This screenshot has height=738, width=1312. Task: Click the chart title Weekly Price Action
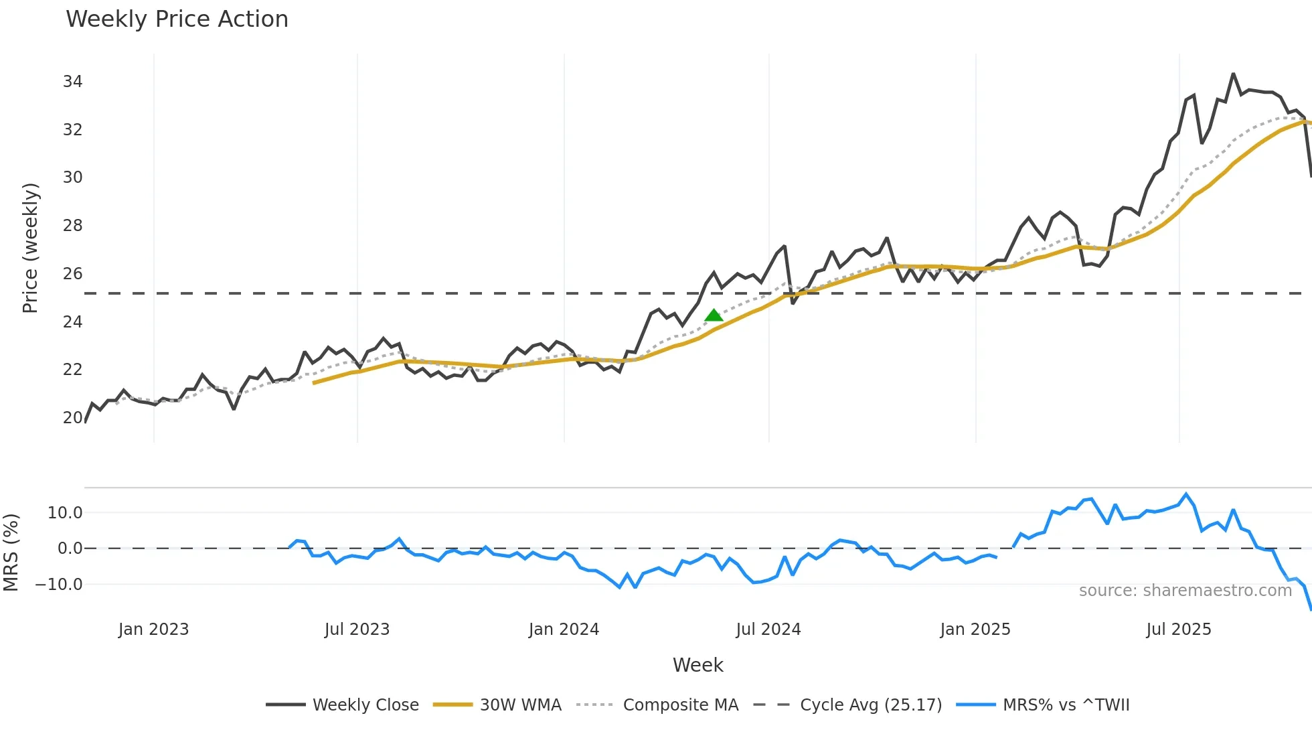177,19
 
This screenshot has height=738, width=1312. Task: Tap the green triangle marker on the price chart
714,315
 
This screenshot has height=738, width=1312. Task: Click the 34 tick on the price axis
72,82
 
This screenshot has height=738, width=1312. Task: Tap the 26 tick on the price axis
72,274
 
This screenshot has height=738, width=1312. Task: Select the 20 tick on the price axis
72,418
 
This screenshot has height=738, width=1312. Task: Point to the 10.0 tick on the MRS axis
65,513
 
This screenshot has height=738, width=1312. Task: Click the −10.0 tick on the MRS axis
59,585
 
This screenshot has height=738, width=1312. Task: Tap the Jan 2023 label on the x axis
153,630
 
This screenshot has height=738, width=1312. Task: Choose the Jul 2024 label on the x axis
768,630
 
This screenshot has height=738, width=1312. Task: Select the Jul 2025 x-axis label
1178,630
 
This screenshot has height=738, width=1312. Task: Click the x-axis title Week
698,665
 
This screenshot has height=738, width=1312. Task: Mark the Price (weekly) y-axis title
31,248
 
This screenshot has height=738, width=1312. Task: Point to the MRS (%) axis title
11,552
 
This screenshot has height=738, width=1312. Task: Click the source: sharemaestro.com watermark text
1185,591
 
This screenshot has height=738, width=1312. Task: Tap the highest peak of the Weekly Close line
1233,74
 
